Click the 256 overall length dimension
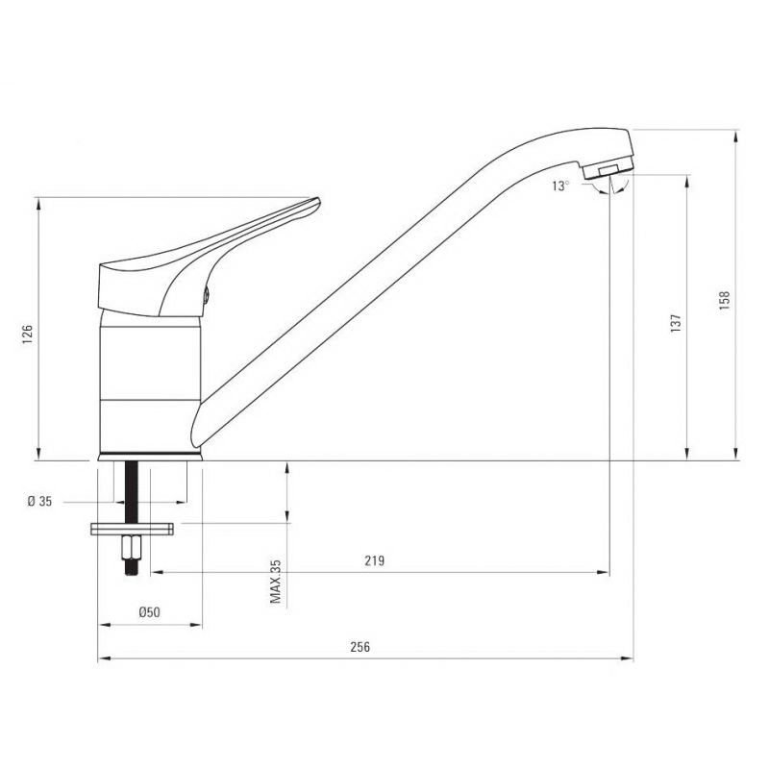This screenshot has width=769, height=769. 360,647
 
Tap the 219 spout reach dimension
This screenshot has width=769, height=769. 374,560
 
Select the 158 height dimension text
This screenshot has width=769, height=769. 725,300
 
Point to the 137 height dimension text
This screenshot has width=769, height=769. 676,324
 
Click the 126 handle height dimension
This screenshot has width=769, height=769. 28,334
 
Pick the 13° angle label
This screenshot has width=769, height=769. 561,186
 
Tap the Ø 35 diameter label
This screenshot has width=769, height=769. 39,501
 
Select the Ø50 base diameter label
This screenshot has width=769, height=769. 149,612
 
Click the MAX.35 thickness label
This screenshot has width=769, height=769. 276,582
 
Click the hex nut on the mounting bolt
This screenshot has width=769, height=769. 132,547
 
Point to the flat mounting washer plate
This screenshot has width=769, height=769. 132,529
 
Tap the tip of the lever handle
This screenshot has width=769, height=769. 318,200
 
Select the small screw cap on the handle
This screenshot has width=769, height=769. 207,295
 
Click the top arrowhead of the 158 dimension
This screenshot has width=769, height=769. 735,136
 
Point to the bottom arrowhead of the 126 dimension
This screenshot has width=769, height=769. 38,454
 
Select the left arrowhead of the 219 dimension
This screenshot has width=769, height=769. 157,572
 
